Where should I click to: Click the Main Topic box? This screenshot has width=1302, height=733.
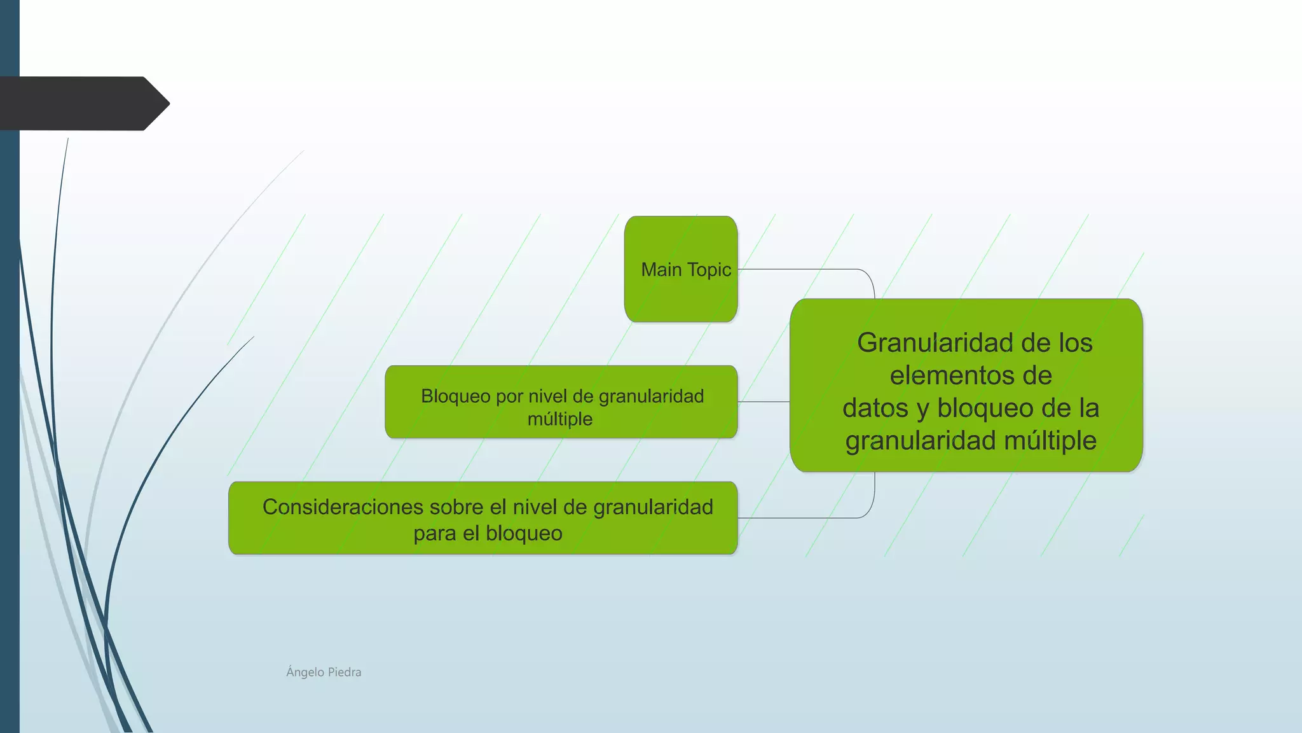pyautogui.click(x=680, y=299)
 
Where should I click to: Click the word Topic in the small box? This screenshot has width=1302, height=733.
pyautogui.click(x=709, y=270)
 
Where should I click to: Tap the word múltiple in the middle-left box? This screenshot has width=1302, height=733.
pyautogui.click(x=560, y=419)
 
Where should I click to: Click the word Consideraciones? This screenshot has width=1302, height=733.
pyautogui.click(x=343, y=507)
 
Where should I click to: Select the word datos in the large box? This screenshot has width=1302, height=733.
pyautogui.click(x=875, y=408)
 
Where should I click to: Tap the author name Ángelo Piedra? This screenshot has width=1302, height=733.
pyautogui.click(x=324, y=672)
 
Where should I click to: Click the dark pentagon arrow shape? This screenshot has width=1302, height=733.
pyautogui.click(x=83, y=104)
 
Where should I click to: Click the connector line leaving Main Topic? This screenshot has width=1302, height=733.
pyautogui.click(x=801, y=269)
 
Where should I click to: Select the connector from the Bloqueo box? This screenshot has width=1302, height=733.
pyautogui.click(x=764, y=401)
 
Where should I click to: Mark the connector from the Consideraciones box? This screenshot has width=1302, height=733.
pyautogui.click(x=801, y=518)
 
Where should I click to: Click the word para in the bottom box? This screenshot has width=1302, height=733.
pyautogui.click(x=435, y=533)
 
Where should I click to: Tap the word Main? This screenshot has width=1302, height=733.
pyautogui.click(x=661, y=270)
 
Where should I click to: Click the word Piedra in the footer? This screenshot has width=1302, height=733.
pyautogui.click(x=344, y=672)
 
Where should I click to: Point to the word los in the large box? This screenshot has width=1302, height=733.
pyautogui.click(x=1075, y=343)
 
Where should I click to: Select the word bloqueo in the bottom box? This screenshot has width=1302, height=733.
pyautogui.click(x=524, y=533)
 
